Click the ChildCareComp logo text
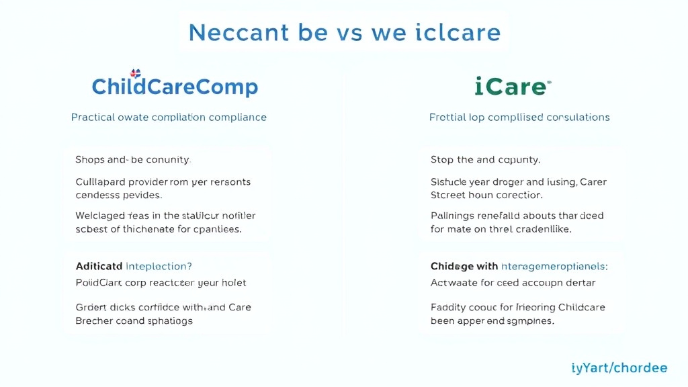(x=175, y=87)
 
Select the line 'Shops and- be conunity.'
(x=133, y=160)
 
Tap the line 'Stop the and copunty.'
(x=485, y=160)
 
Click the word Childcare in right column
(x=580, y=307)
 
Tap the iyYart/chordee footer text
(x=619, y=368)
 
